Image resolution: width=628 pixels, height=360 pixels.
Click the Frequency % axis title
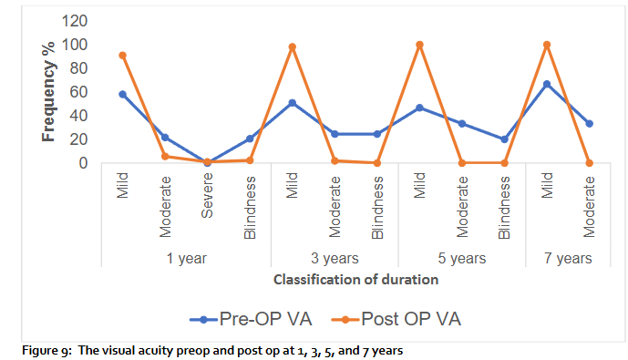click(x=49, y=91)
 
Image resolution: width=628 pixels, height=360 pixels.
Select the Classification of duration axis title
click(x=355, y=280)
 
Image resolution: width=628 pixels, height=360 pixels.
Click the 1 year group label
click(x=186, y=258)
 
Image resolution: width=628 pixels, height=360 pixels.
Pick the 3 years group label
click(x=335, y=258)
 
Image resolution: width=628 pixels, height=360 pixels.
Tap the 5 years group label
click(x=462, y=258)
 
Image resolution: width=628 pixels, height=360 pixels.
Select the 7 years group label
click(x=569, y=258)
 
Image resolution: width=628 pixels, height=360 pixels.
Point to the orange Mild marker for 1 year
click(x=122, y=56)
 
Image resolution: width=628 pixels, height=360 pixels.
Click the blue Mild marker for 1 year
click(x=122, y=94)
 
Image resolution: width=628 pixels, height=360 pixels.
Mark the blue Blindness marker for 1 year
click(x=250, y=139)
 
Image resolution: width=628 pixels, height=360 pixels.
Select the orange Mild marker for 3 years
click(x=293, y=46)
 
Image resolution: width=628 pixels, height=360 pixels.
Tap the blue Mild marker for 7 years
click(x=547, y=84)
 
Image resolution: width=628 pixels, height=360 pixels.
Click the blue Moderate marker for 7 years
click(x=590, y=124)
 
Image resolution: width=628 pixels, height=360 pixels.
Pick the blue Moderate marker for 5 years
click(x=462, y=124)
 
